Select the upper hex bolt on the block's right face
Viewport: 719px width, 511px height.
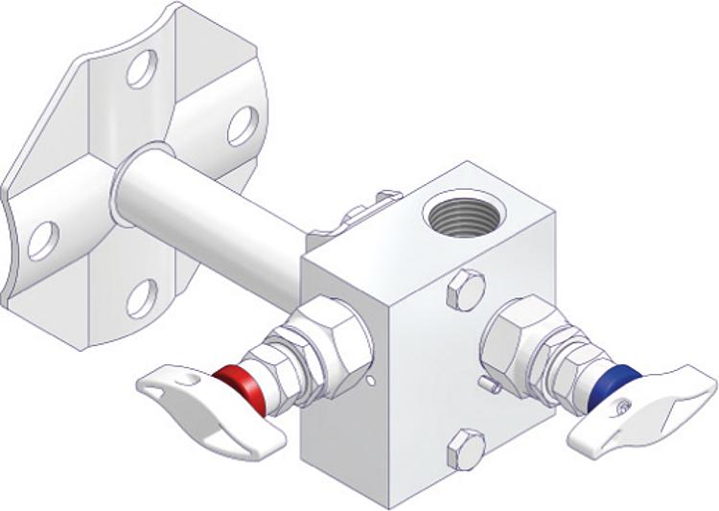[x=465, y=289]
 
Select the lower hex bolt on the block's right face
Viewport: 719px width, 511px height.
[x=466, y=448]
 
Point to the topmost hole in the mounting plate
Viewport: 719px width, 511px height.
[x=142, y=69]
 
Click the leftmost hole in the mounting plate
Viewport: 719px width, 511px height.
[x=42, y=239]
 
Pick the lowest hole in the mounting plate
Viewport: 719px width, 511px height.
[x=141, y=298]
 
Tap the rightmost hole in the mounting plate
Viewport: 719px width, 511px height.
[x=242, y=125]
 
